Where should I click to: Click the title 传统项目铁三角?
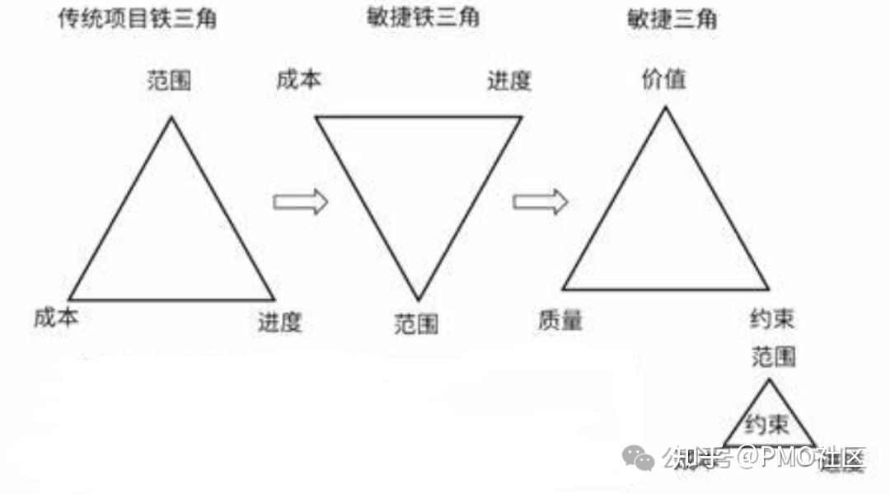137,19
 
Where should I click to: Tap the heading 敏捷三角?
671,18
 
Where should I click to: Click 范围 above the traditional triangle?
170,80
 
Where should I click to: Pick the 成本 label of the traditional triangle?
57,317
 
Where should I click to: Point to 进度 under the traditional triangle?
280,322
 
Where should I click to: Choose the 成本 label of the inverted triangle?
299,80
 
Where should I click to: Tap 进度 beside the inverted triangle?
509,81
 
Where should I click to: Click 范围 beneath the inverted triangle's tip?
416,323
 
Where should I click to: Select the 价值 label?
664,79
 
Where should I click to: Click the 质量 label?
560,320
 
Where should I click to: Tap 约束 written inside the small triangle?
767,426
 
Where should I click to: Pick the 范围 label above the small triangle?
774,356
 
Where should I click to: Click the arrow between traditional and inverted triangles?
300,201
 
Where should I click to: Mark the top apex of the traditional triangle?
171,118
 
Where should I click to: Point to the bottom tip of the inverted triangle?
418,299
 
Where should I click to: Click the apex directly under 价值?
665,109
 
